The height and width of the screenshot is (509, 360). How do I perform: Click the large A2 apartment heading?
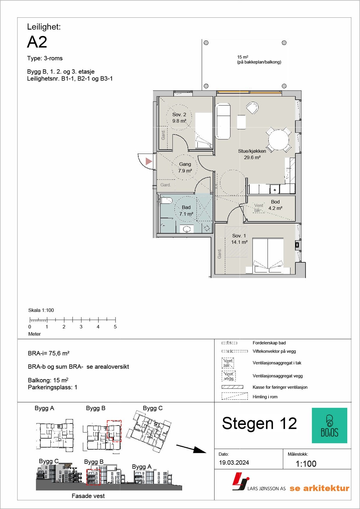[37, 42]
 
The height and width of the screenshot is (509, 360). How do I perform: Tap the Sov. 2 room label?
[179, 118]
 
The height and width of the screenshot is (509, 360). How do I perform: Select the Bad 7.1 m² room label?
[186, 211]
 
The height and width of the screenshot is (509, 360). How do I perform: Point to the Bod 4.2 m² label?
[275, 205]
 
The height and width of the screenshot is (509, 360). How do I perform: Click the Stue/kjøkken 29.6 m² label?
[252, 154]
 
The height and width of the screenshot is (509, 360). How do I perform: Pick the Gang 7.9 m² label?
[185, 167]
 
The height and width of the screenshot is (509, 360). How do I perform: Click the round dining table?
[279, 140]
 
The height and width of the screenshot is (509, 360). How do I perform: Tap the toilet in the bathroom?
[166, 201]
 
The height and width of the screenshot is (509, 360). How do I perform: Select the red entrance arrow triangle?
[148, 161]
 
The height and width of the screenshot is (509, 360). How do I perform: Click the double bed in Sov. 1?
[268, 255]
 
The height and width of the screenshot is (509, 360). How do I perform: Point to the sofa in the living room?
[223, 121]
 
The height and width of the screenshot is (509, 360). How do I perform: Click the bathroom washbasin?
[187, 229]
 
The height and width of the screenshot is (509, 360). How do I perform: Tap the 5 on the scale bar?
[115, 327]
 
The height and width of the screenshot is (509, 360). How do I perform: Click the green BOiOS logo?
[329, 425]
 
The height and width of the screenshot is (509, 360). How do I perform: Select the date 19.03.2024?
[234, 463]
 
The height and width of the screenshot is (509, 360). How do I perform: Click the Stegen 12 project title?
[259, 424]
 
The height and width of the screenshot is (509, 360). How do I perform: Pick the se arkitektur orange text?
[319, 488]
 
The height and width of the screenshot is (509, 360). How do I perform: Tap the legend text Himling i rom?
[265, 397]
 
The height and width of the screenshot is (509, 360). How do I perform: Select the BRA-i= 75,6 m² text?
[49, 353]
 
